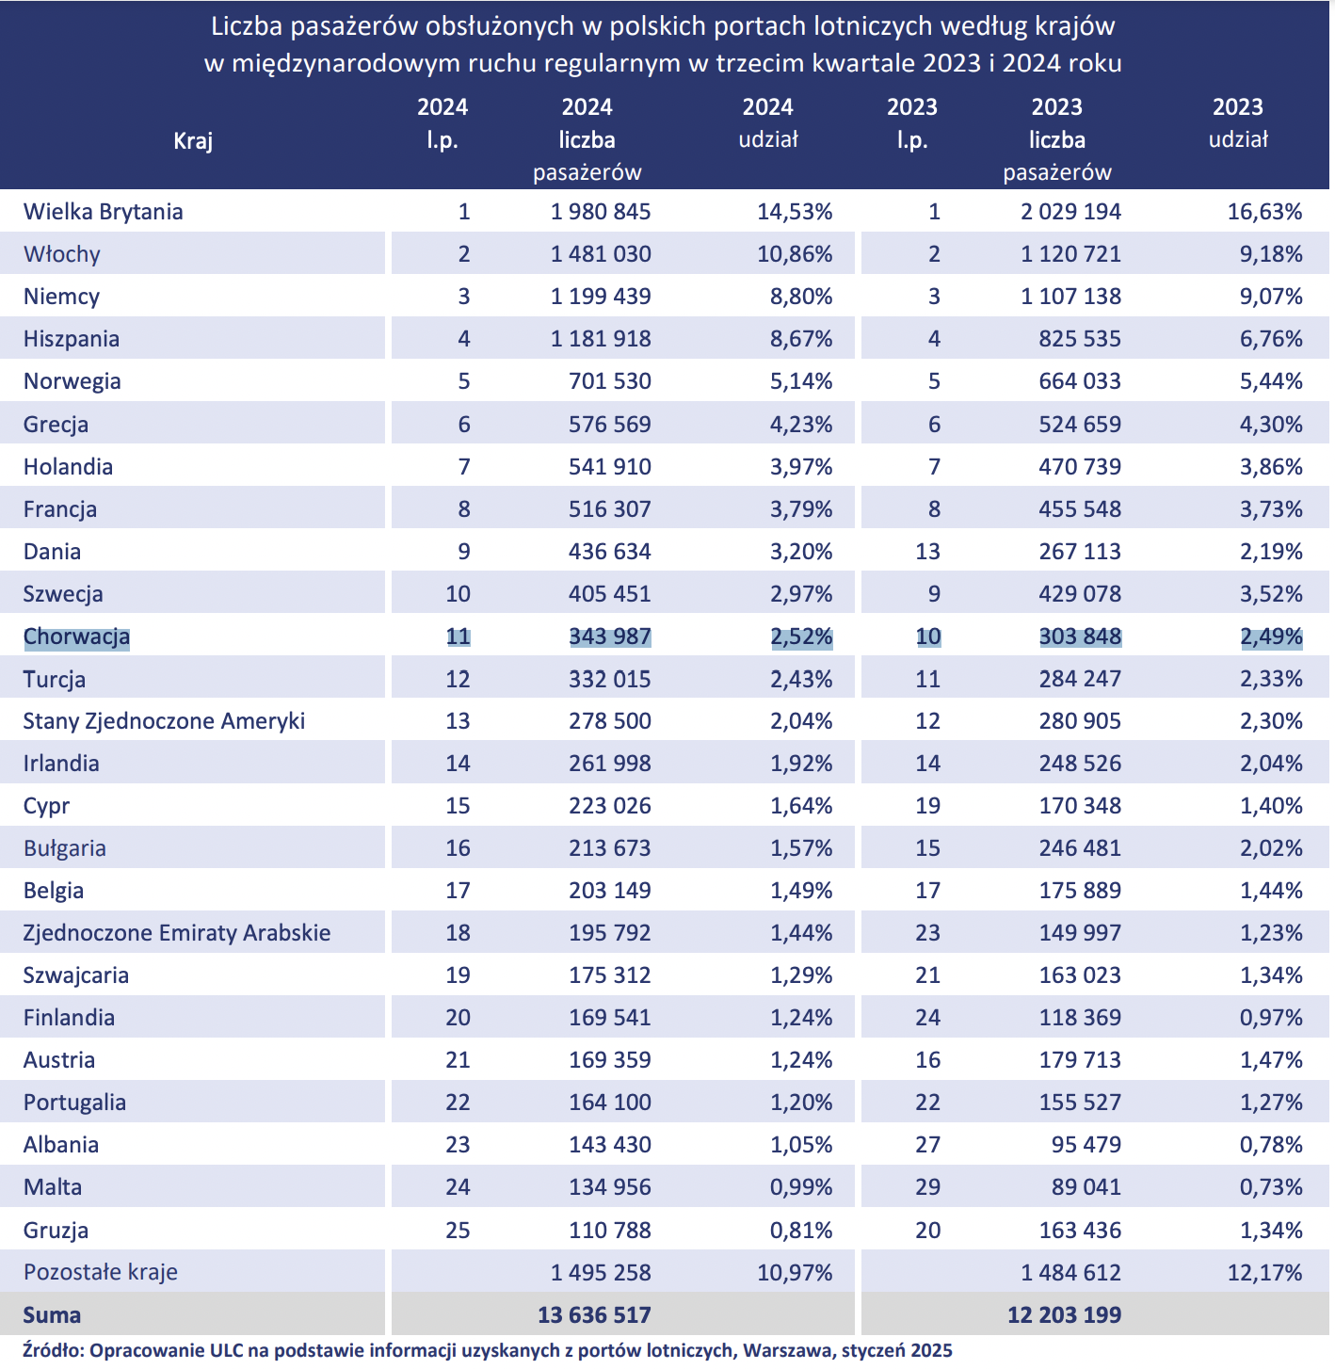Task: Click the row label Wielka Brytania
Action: [x=103, y=211]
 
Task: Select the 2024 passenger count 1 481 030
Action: [x=601, y=253]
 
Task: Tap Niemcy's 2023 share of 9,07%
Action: [x=1271, y=297]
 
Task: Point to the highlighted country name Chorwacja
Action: [x=76, y=636]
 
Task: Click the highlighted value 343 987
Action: [x=610, y=636]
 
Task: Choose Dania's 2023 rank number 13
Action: [x=927, y=551]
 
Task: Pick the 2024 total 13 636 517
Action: [x=594, y=1314]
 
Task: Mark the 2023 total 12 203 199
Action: [x=1064, y=1314]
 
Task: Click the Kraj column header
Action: [x=193, y=140]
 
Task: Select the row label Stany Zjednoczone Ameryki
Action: [x=164, y=721]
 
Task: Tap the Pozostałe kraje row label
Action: [x=101, y=1272]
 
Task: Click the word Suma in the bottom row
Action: [x=52, y=1314]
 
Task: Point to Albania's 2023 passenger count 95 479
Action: [x=1086, y=1145]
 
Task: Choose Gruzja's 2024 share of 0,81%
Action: [x=801, y=1230]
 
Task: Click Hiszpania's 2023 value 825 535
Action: [x=1081, y=338]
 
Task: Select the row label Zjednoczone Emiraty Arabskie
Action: [x=177, y=933]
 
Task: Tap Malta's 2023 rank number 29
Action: [x=927, y=1186]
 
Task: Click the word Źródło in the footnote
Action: [x=54, y=1351]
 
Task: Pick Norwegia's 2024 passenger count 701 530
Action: [x=610, y=380]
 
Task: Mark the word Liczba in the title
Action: [x=246, y=26]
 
